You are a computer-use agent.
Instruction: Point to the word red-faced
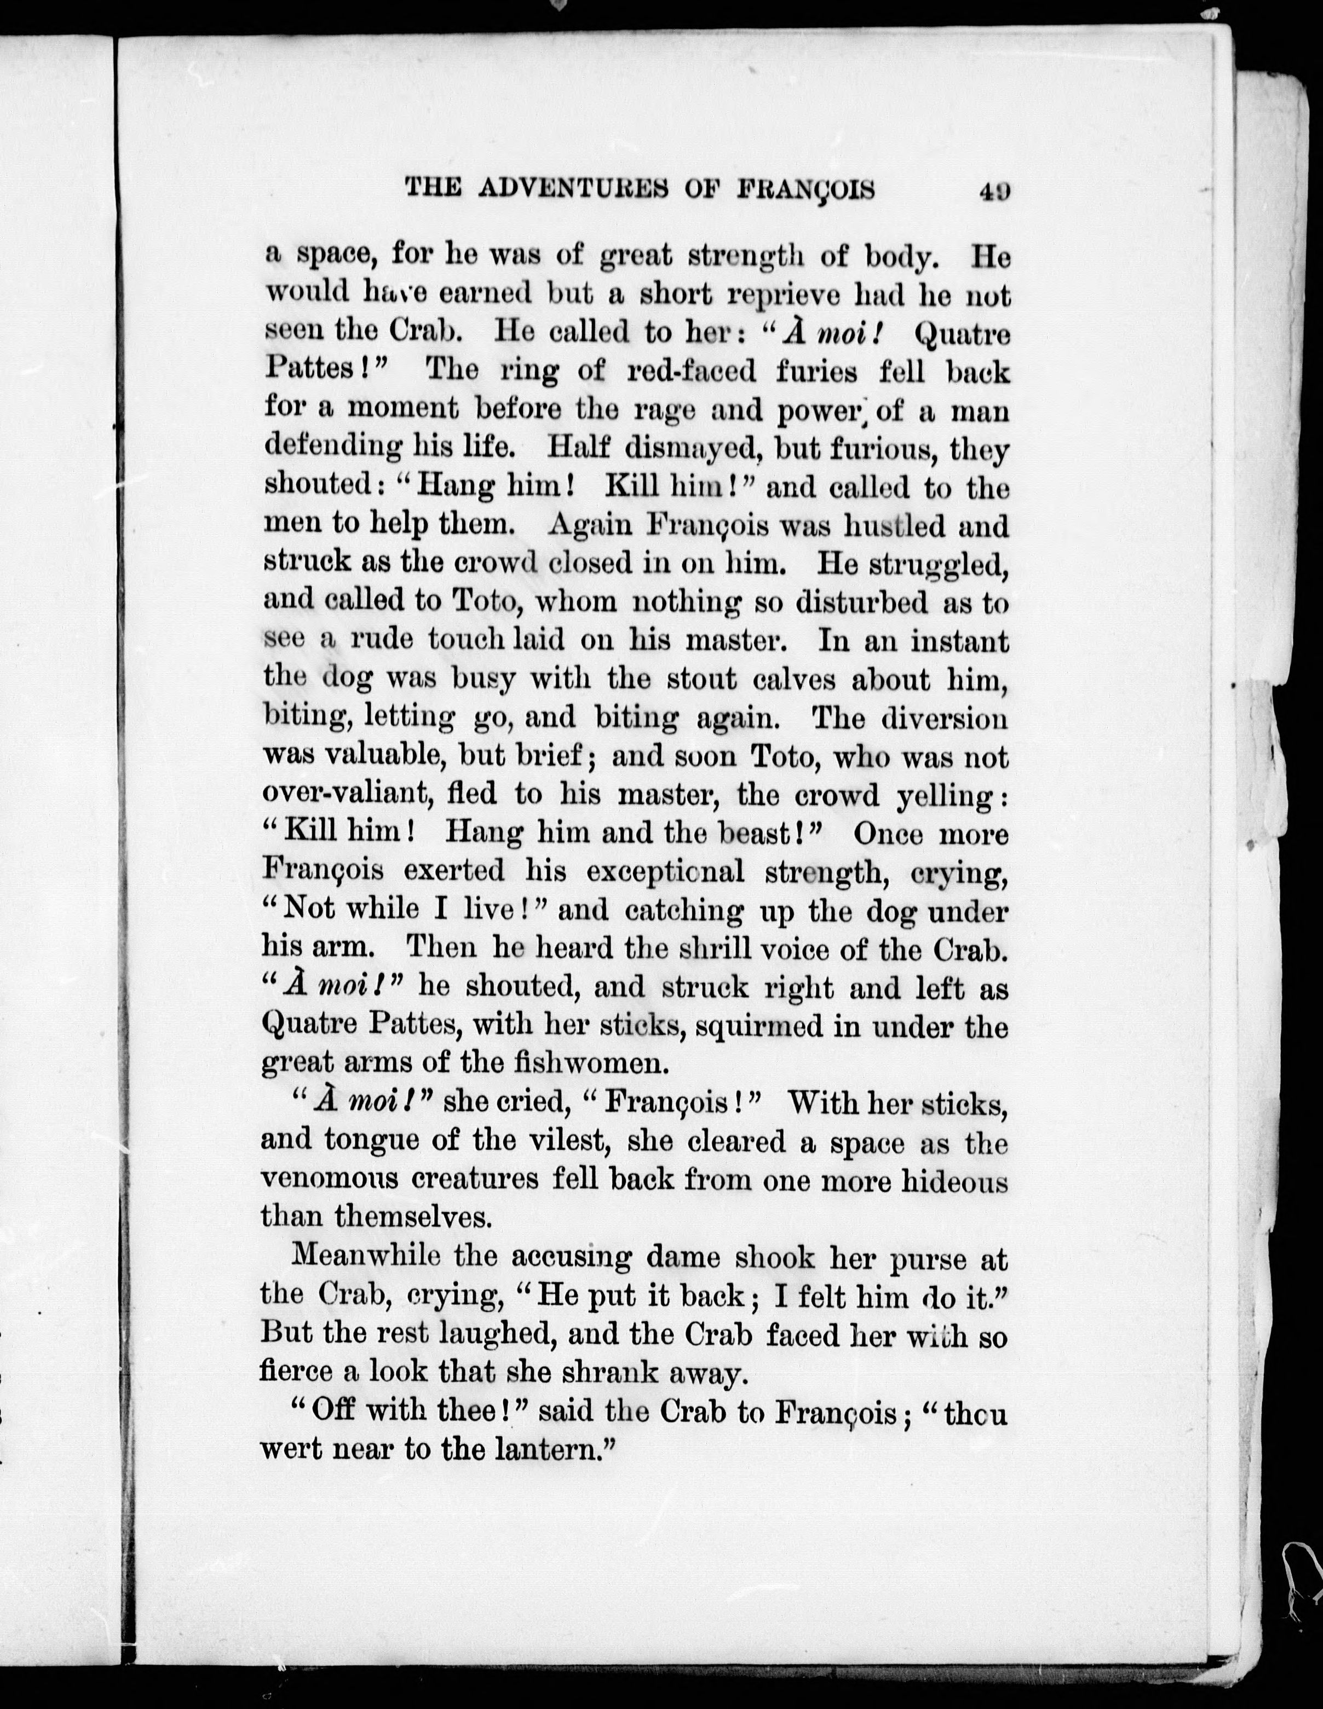coord(692,371)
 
